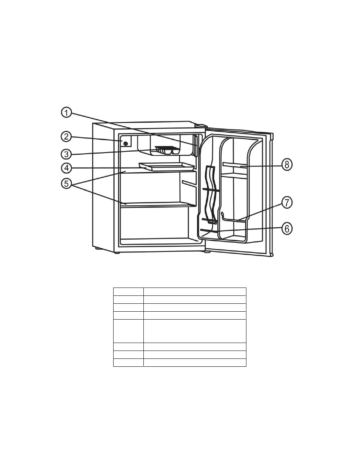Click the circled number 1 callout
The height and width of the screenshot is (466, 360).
click(66, 112)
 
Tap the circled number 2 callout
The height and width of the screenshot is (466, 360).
click(66, 137)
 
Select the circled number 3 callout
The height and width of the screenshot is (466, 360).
click(66, 154)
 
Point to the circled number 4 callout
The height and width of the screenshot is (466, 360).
click(66, 168)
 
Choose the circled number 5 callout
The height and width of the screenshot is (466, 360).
click(66, 184)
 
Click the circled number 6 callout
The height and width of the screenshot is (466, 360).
click(287, 229)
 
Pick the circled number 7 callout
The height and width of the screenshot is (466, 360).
click(287, 203)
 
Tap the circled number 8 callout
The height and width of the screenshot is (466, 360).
click(287, 165)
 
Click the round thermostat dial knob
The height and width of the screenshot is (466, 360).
click(126, 143)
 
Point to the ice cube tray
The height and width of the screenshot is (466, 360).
click(167, 150)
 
